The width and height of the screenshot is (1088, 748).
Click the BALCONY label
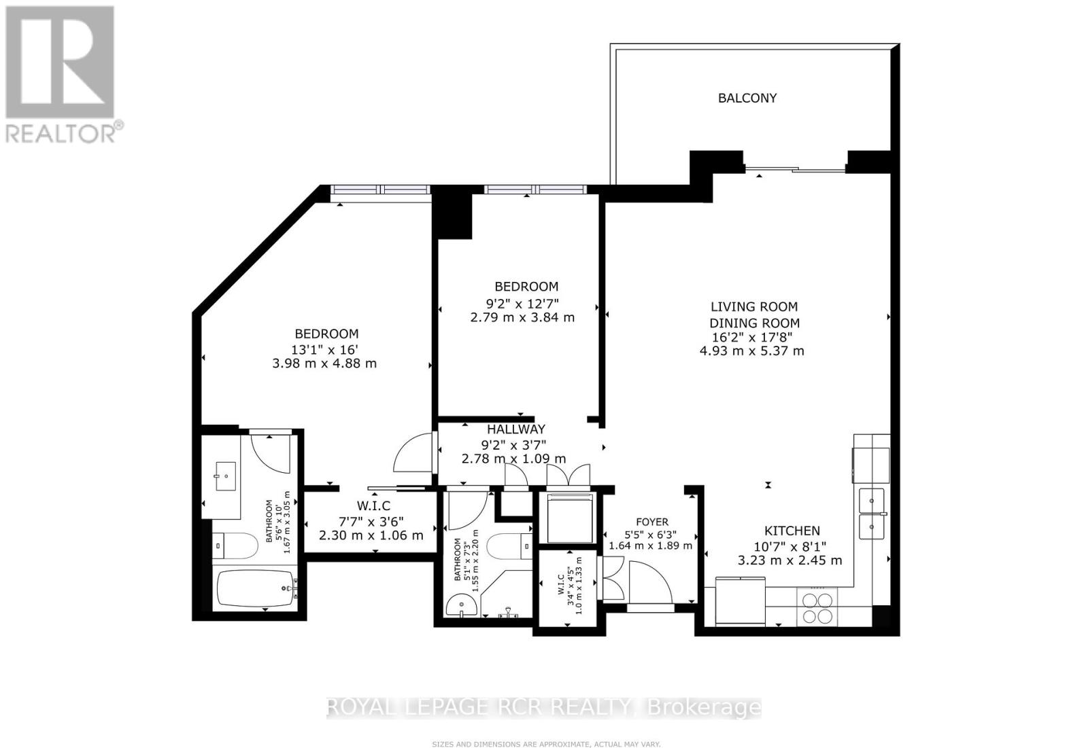click(x=747, y=98)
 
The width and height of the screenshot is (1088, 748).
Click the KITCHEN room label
click(x=792, y=531)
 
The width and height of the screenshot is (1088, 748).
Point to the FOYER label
click(x=651, y=522)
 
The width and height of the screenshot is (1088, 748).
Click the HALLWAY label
click(x=515, y=429)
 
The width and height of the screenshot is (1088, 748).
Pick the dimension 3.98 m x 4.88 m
click(x=324, y=363)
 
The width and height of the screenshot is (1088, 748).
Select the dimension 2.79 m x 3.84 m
click(x=522, y=317)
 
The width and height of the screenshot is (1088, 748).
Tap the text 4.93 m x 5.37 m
click(x=751, y=351)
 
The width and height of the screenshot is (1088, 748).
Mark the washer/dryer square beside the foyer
click(x=570, y=518)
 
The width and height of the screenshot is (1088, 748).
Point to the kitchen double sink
click(x=871, y=512)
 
